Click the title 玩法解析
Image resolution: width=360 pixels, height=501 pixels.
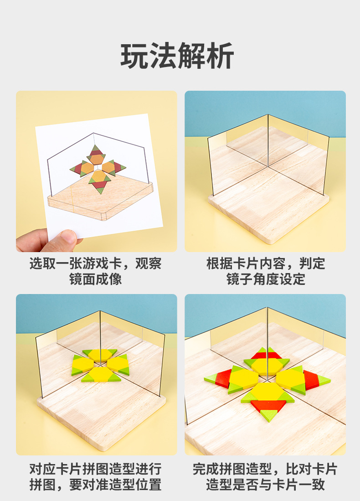(177, 56)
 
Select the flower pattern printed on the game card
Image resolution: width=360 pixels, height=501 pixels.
(98, 169)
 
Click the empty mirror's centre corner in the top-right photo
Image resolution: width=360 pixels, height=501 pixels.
(267, 166)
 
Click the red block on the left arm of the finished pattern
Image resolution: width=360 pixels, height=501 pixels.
(223, 379)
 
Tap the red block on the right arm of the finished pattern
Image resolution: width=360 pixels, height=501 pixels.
(311, 380)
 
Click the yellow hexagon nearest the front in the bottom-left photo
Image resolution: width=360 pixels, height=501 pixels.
(101, 374)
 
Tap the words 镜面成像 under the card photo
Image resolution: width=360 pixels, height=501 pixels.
(96, 279)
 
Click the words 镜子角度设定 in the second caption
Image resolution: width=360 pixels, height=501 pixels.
(266, 279)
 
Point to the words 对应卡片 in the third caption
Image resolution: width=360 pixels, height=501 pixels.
(56, 469)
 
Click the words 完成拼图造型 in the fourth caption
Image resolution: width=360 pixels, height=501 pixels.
(232, 469)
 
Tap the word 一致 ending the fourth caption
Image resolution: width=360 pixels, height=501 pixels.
(312, 485)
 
